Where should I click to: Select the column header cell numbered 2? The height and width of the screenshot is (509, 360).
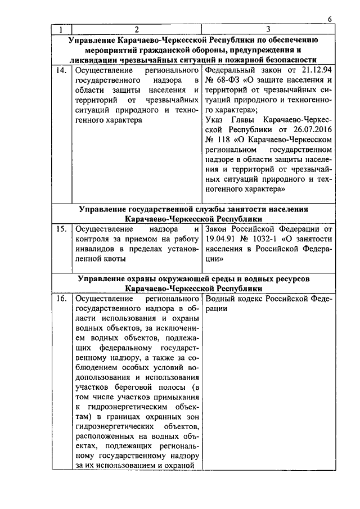(x=136, y=29)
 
